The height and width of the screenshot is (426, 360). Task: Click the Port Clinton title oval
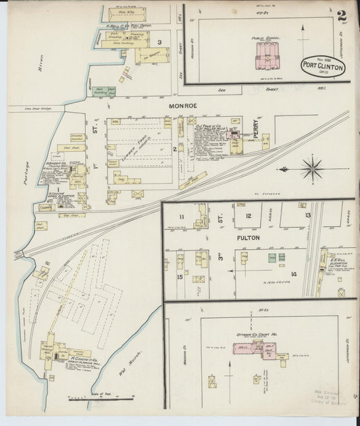tap(323, 65)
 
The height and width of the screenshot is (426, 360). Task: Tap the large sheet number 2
tap(342, 16)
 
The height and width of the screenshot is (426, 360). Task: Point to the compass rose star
tap(312, 168)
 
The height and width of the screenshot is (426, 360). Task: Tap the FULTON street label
tap(247, 238)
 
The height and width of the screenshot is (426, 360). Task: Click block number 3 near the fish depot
tap(159, 43)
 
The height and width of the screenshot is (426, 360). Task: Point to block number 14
tap(293, 273)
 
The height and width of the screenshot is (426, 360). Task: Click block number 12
tap(249, 216)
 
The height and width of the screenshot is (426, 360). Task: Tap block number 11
tap(181, 216)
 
